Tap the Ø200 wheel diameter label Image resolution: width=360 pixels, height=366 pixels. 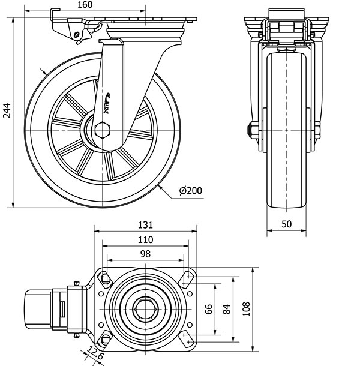(190, 191)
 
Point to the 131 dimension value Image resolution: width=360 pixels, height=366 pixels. (145, 225)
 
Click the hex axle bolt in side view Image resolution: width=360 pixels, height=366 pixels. (103, 130)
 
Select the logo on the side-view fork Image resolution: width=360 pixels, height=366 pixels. (108, 103)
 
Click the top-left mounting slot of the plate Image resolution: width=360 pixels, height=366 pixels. (106, 278)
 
